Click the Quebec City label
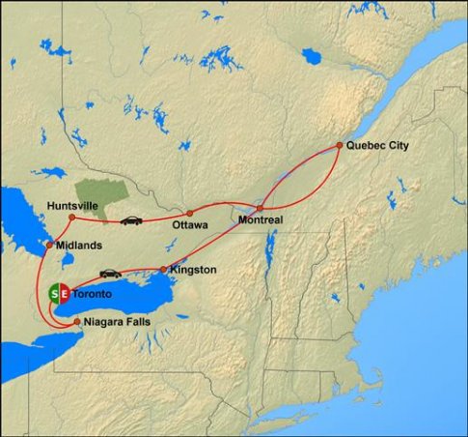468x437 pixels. pyautogui.click(x=378, y=145)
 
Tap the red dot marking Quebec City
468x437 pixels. pyautogui.click(x=339, y=145)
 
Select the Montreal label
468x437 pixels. pyautogui.click(x=261, y=220)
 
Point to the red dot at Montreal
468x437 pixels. pyautogui.click(x=260, y=207)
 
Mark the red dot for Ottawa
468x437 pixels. pyautogui.click(x=190, y=213)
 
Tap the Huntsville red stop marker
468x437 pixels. pyautogui.click(x=72, y=218)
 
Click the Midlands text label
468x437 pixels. pyautogui.click(x=79, y=246)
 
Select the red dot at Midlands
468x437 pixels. pyautogui.click(x=50, y=245)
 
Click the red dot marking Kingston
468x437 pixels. pyautogui.click(x=162, y=269)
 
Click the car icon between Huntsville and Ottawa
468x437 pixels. pyautogui.click(x=131, y=220)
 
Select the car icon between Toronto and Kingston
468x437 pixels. pyautogui.click(x=109, y=274)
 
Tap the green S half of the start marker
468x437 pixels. pyautogui.click(x=53, y=293)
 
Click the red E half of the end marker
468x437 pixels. pyautogui.click(x=65, y=293)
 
